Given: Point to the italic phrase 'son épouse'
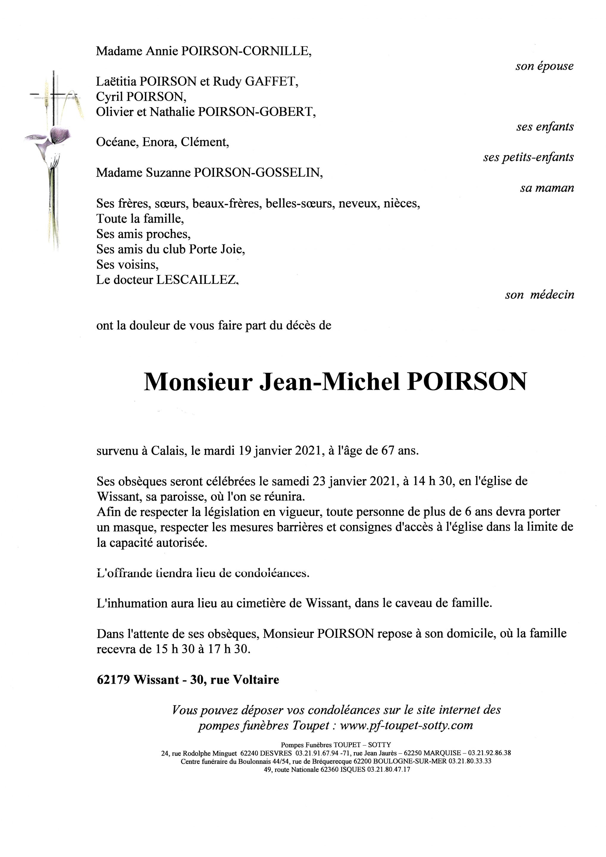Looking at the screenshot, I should click(x=544, y=66).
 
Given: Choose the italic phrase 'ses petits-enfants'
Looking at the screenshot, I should click(x=528, y=157).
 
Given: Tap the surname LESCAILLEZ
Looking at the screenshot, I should click(x=197, y=280).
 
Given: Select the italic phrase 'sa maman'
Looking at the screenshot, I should click(x=547, y=188).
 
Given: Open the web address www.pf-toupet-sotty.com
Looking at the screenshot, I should click(x=406, y=725).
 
